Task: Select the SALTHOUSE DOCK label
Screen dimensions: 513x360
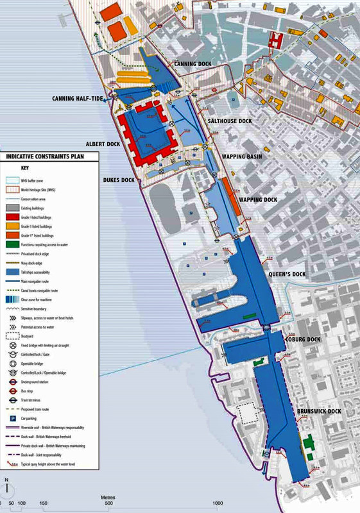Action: click(x=230, y=121)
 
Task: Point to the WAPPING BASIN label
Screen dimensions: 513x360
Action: click(x=241, y=156)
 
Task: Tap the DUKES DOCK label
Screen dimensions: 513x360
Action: click(x=119, y=180)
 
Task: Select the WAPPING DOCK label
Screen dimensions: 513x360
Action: click(x=258, y=200)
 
